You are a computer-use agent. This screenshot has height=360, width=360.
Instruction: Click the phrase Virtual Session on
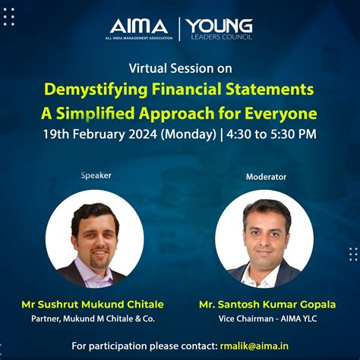[x=180, y=68]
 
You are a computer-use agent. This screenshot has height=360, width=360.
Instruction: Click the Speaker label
[x=96, y=175]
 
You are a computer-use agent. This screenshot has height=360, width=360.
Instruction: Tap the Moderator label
[x=266, y=177]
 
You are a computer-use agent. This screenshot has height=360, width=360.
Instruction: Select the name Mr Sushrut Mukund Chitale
[x=93, y=305]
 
